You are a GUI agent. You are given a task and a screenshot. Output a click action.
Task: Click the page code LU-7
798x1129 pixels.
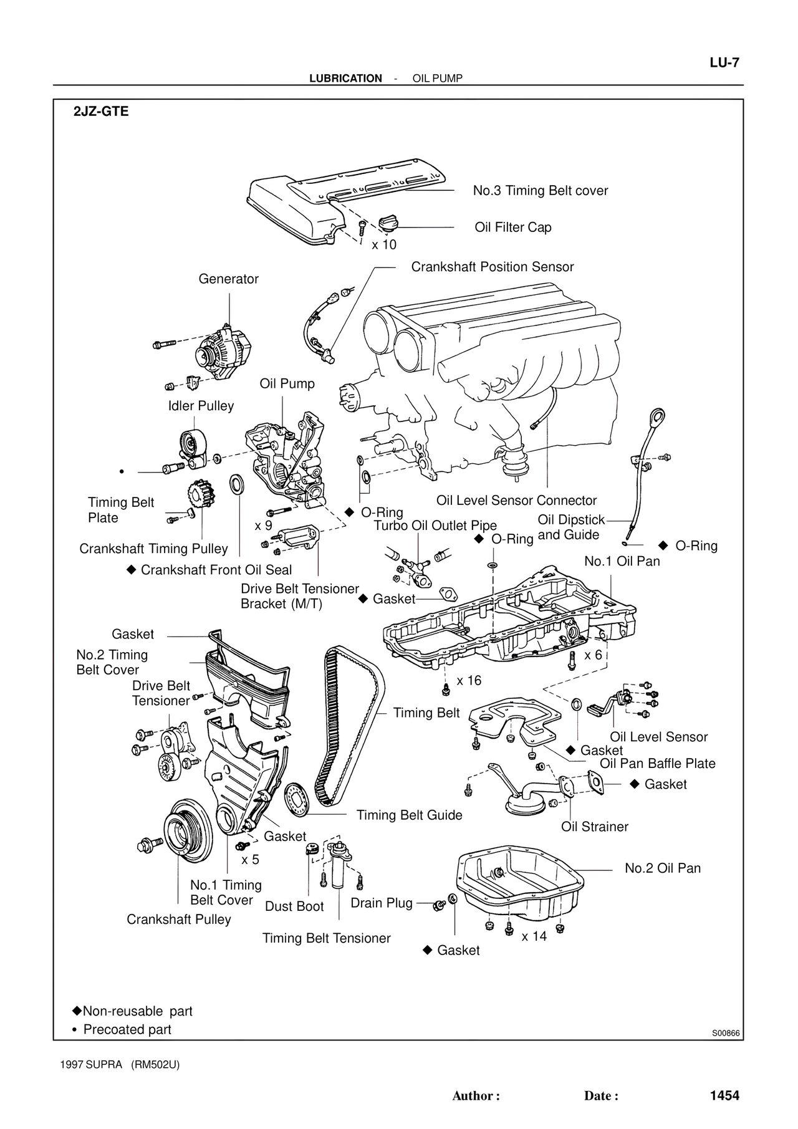(x=724, y=63)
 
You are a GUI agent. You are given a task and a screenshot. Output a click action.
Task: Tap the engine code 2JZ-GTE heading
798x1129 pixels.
(x=101, y=112)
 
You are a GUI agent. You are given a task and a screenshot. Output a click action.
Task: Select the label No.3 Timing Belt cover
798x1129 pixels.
(x=540, y=191)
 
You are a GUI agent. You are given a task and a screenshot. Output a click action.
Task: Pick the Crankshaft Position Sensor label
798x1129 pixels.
(x=492, y=267)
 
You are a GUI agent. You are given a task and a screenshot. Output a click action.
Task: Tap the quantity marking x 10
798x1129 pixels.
(x=384, y=245)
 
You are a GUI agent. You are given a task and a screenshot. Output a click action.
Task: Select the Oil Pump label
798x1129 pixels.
(x=287, y=384)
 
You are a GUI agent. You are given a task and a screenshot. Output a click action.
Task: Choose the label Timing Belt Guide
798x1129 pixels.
(x=409, y=815)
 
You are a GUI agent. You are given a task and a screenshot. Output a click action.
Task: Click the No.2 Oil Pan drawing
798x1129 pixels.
(x=521, y=885)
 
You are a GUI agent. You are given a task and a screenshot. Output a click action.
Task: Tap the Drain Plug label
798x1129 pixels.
(x=382, y=903)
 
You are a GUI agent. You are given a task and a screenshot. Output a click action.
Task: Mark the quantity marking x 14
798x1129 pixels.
(x=534, y=936)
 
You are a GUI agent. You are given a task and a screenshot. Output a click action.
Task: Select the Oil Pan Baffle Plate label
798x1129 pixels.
(x=657, y=764)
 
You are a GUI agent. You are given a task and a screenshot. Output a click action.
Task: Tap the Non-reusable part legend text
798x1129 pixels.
(x=137, y=1011)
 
